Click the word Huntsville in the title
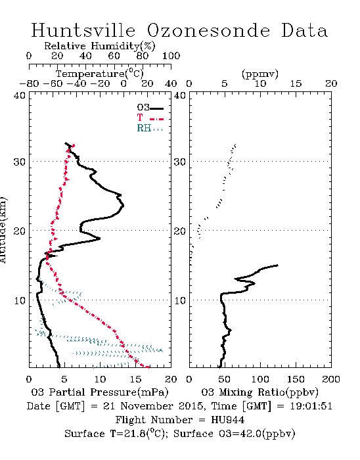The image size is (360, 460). [83, 30]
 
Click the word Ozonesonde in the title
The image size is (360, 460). [208, 30]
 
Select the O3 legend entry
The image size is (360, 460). [150, 108]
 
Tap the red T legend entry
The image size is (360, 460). [150, 118]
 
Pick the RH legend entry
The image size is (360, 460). [150, 129]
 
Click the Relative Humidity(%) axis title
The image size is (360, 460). [100, 46]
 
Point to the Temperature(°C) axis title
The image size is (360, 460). [100, 74]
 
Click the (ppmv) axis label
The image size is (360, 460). [260, 74]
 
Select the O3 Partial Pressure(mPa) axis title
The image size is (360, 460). [100, 392]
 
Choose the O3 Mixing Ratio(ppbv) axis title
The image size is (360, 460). [259, 392]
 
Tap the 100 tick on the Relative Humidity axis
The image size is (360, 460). [171, 56]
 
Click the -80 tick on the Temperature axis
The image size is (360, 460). [29, 84]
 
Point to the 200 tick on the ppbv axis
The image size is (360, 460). [331, 379]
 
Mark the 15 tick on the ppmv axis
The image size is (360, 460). [296, 84]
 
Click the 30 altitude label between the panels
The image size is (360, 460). [180, 162]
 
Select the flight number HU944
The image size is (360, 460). [228, 420]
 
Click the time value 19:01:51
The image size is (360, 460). [311, 406]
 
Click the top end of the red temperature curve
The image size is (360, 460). [74, 145]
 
